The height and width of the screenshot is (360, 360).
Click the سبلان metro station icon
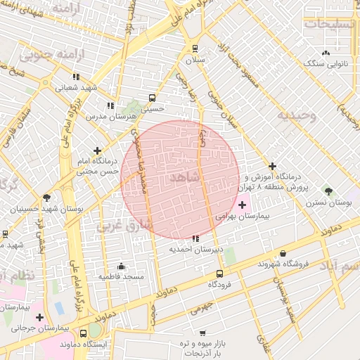coord(195,49)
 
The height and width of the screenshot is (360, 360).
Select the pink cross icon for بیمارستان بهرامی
coord(243,205)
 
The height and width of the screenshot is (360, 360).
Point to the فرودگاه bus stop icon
coord(220,274)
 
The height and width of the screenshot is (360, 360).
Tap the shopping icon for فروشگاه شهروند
coord(283,253)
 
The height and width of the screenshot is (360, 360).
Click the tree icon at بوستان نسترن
coord(328,191)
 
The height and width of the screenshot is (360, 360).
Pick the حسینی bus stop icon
coord(152,98)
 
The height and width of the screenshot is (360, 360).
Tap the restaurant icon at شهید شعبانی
coord(76,77)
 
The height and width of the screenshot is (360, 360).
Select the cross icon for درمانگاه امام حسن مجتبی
coord(97,150)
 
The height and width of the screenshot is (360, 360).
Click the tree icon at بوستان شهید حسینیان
coord(46,198)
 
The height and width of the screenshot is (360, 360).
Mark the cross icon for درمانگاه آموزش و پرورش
coord(274,167)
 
